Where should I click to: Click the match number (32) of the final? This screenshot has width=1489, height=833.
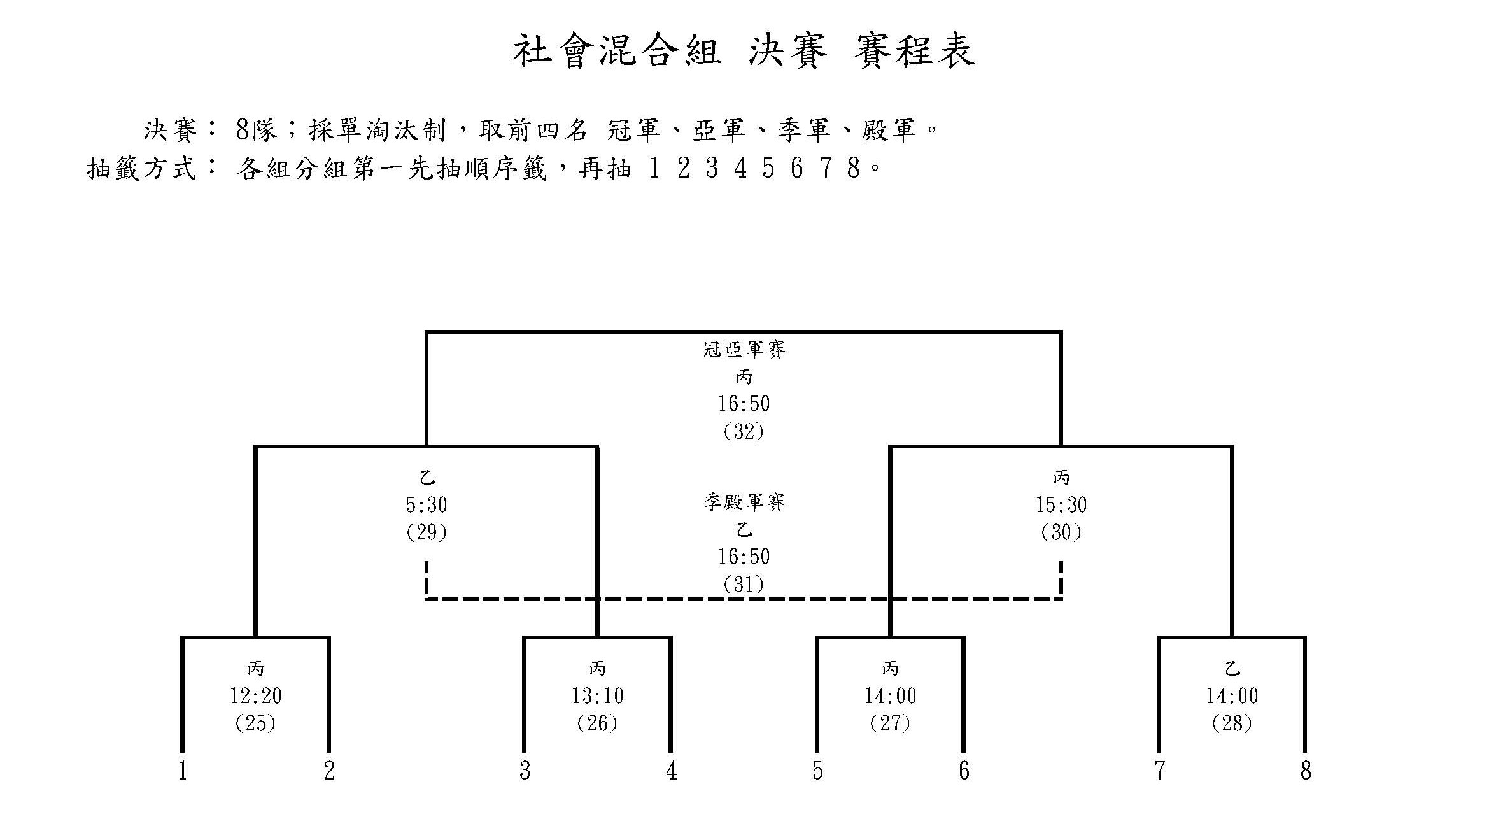[744, 432]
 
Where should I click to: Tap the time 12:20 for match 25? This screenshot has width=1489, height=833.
[255, 695]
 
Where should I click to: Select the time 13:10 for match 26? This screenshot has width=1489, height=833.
[597, 695]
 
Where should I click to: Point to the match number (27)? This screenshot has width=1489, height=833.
[890, 723]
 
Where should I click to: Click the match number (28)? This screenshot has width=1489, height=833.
[1232, 723]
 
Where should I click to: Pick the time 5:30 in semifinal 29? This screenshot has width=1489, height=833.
[427, 504]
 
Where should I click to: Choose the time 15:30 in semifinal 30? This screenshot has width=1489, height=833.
[1061, 504]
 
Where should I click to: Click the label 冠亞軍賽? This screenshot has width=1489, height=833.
[744, 349]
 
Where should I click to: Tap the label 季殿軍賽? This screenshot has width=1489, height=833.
[744, 502]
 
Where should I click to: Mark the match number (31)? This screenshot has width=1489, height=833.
[744, 585]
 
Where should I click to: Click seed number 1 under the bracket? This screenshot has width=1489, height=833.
[183, 771]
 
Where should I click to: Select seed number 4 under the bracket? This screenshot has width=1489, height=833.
[671, 771]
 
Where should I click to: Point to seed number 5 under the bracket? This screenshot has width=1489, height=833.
[817, 771]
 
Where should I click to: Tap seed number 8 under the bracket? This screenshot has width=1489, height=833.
[1306, 771]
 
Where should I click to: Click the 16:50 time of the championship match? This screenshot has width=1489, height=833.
[744, 403]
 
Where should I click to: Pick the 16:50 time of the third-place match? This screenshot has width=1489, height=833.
[744, 556]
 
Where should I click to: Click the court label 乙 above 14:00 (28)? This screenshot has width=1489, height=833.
[1232, 669]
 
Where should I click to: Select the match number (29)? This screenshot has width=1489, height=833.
[427, 532]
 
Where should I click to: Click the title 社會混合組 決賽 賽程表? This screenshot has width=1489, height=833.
[744, 51]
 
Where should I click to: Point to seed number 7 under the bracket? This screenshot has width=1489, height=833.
[1159, 771]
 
